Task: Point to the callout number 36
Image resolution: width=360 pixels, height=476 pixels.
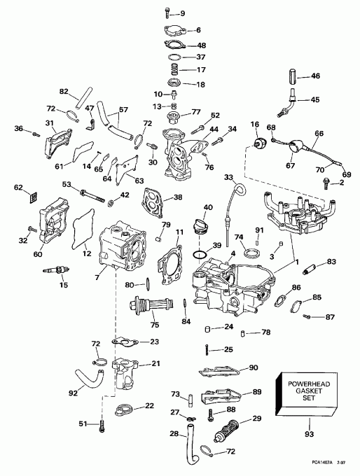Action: point(19,128)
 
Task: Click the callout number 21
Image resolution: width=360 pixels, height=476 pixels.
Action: point(155,363)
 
